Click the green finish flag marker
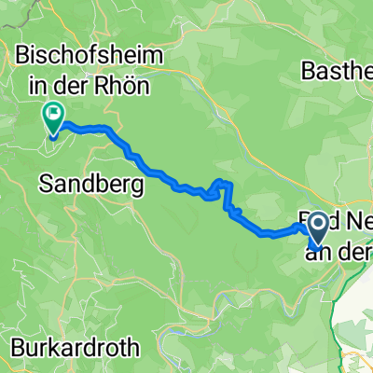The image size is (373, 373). pyautogui.click(x=53, y=118)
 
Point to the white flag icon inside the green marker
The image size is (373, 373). pyautogui.click(x=53, y=116)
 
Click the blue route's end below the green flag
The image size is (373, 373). pyautogui.click(x=53, y=137)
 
